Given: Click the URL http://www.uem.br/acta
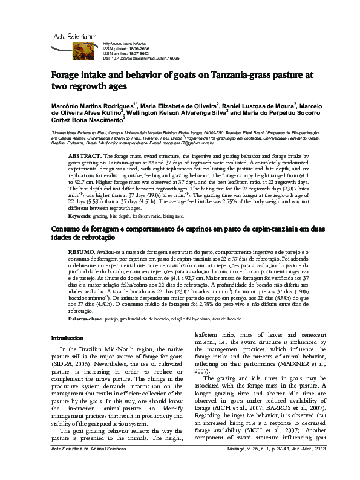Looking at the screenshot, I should click(125, 44).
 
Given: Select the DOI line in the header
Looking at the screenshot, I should click(138, 58).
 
